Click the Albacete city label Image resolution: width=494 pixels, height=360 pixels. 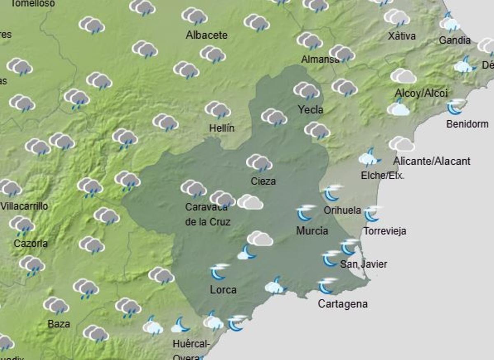[x=207, y=35]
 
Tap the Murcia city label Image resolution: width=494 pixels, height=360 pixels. [x=312, y=231]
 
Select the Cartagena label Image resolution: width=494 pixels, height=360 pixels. [x=343, y=304]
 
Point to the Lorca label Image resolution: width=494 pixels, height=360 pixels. [x=223, y=290]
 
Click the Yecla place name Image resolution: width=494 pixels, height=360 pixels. [x=311, y=110]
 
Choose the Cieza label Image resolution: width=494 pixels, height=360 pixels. [x=263, y=181]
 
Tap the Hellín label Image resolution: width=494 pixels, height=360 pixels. [x=221, y=128]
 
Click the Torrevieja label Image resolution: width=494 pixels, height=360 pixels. [x=384, y=231]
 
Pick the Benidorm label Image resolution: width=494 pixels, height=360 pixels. [x=467, y=124]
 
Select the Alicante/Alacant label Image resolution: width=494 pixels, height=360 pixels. [x=431, y=161]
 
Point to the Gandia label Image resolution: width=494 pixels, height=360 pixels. [x=454, y=40]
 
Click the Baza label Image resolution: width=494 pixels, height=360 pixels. [x=58, y=324]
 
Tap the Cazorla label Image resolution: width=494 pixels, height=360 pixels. [x=30, y=243]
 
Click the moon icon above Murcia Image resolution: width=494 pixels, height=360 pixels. [x=305, y=213]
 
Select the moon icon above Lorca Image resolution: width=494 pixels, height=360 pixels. [x=219, y=271]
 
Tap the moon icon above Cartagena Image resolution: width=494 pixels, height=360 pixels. [x=327, y=285]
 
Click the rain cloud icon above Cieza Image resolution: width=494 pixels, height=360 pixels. [x=259, y=163]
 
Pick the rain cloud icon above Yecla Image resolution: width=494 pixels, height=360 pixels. [x=306, y=90]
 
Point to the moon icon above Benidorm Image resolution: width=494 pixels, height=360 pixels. [x=455, y=107]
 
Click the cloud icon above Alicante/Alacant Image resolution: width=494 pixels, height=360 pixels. [x=401, y=144]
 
